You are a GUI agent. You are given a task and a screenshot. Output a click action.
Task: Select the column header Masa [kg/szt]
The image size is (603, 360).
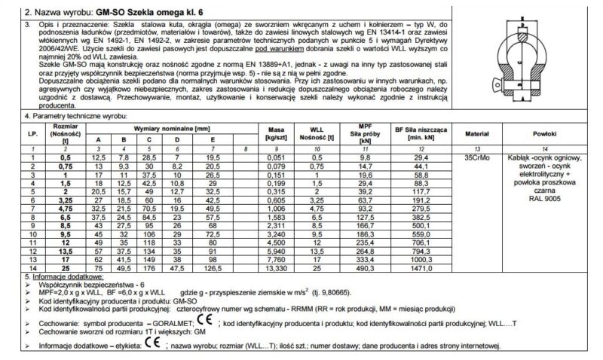coord(275,133)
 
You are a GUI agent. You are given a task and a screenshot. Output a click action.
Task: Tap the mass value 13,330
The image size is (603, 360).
coord(275,267)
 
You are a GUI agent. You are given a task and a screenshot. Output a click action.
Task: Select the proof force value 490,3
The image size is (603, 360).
coord(364,267)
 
